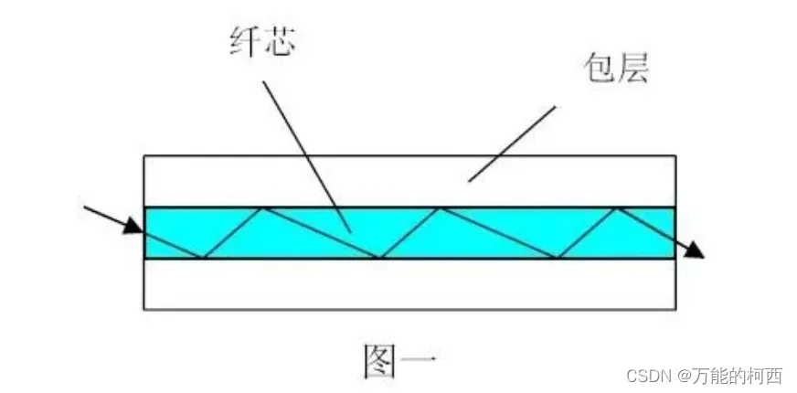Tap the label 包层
click(x=615, y=69)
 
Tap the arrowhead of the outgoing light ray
click(x=696, y=250)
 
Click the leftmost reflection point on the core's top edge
click(x=263, y=208)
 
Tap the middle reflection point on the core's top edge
click(x=440, y=208)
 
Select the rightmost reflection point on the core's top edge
click(x=616, y=208)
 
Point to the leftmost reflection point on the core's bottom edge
click(x=203, y=259)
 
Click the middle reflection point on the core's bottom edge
click(x=380, y=259)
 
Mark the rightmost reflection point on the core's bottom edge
click(x=557, y=259)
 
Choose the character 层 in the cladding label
click(x=632, y=69)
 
